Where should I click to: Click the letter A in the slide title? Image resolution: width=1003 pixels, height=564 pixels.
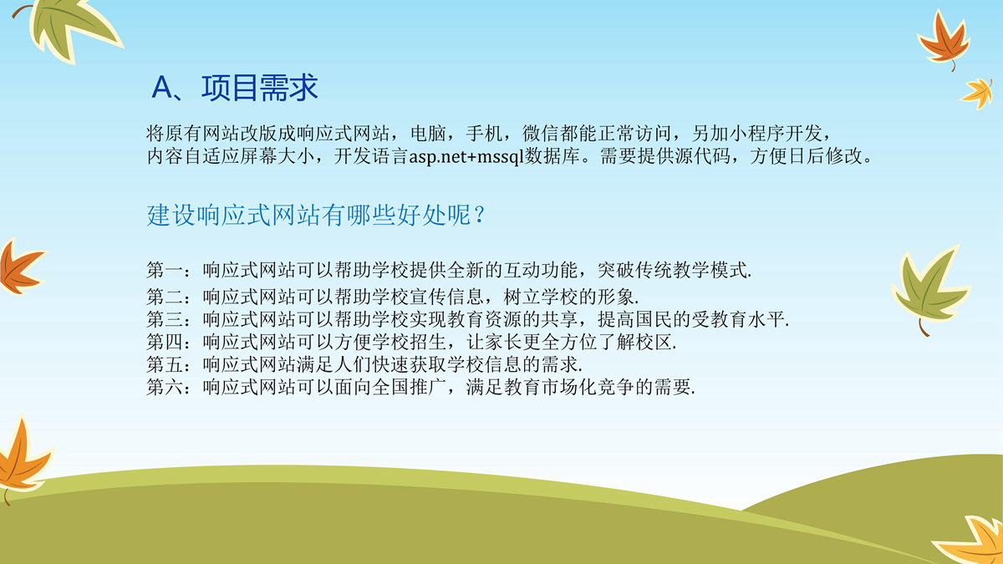pyautogui.click(x=161, y=87)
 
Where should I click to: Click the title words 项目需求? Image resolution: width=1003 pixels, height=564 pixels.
pyautogui.click(x=260, y=88)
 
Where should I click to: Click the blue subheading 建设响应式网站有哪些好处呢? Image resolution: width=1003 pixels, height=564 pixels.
pyautogui.click(x=309, y=215)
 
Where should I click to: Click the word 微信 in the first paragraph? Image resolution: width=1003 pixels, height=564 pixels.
pyautogui.click(x=541, y=134)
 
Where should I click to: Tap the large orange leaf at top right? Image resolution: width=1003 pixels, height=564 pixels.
pyautogui.click(x=944, y=40)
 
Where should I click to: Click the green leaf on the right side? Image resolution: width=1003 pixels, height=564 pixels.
pyautogui.click(x=930, y=289)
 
